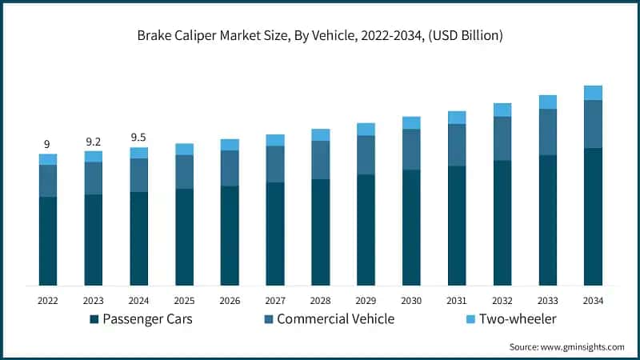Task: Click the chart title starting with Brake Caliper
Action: [x=319, y=34]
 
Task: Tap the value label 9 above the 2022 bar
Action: [x=47, y=144]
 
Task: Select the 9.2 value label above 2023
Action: [x=94, y=141]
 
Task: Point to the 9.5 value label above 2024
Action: [x=139, y=137]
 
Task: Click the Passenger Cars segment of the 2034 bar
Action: [x=593, y=216]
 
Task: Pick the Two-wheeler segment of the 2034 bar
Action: [x=593, y=93]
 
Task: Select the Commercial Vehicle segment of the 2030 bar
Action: [x=411, y=149]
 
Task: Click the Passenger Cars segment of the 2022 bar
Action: [x=48, y=240]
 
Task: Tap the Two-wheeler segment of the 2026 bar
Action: [x=230, y=145]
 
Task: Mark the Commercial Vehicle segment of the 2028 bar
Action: [x=321, y=160]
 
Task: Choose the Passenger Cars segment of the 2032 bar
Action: [x=502, y=222]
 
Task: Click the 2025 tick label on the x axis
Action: [x=184, y=301]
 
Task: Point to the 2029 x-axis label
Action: [x=366, y=301]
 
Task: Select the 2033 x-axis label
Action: [x=547, y=301]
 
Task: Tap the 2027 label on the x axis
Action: [x=275, y=301]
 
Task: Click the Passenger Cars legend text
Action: [x=146, y=319]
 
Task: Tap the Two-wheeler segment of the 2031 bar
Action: [x=457, y=118]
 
